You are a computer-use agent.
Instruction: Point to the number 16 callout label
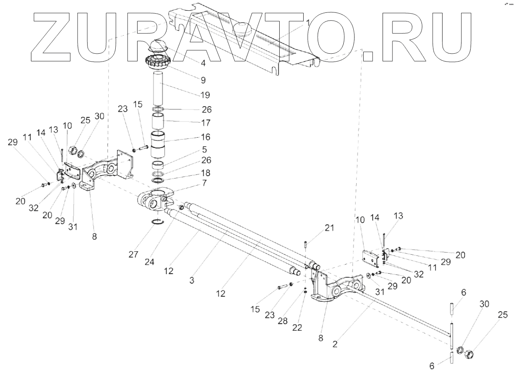coord(205,136)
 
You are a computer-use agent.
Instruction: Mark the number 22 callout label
coord(297,327)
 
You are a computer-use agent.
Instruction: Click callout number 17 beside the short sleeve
coord(205,123)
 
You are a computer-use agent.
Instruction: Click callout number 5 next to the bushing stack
coord(204,150)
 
